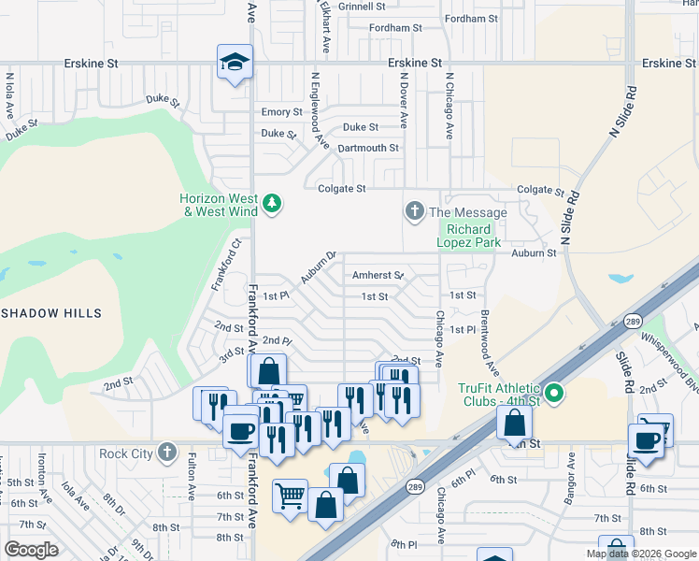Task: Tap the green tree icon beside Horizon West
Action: coord(272,203)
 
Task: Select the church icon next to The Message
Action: coord(414,212)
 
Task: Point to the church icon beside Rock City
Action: coord(166,453)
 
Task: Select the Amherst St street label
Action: coord(378,275)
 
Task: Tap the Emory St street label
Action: coord(281,111)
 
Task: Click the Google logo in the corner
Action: coord(32,549)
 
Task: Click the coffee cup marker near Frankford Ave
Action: coord(241,431)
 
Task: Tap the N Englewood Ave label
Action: coord(320,112)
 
